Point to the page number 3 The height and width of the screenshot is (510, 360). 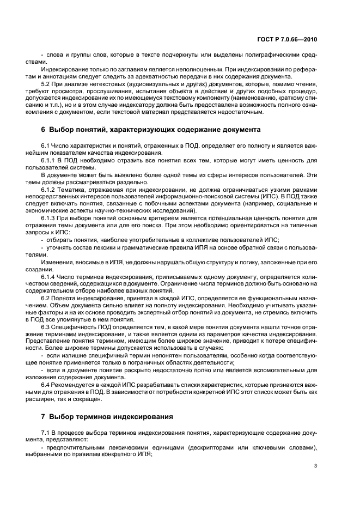(x=315, y=465)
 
